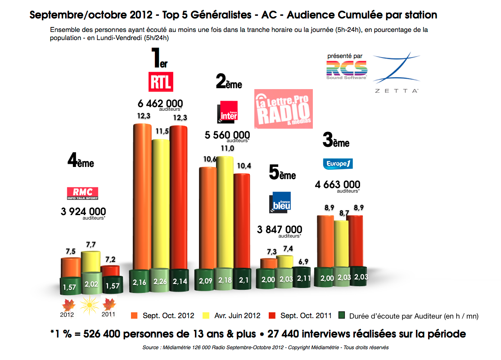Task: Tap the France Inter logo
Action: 227,112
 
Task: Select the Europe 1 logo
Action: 338,163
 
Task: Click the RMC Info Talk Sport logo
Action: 82,193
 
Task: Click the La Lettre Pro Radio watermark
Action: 284,108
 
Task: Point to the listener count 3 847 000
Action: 280,229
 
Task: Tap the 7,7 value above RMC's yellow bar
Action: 91,244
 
